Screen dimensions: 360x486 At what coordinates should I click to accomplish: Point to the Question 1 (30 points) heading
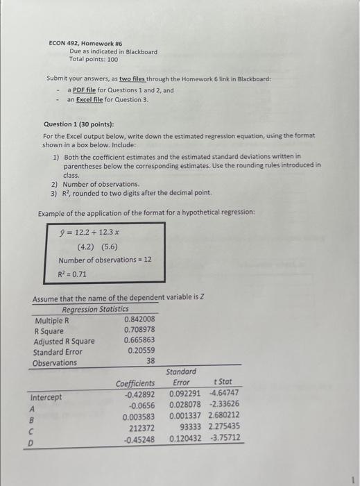(x=81, y=124)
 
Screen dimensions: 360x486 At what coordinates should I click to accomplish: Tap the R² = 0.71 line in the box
(x=73, y=274)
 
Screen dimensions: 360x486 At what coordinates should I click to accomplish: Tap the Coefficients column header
(x=135, y=383)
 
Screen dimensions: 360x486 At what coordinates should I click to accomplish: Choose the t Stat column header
(x=229, y=382)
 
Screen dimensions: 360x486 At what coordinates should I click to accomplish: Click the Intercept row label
(x=46, y=397)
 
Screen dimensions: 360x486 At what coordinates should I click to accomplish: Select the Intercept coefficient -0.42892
(x=139, y=394)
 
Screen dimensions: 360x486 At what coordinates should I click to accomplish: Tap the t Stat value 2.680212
(x=225, y=416)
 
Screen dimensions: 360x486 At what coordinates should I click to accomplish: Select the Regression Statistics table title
(x=95, y=309)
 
